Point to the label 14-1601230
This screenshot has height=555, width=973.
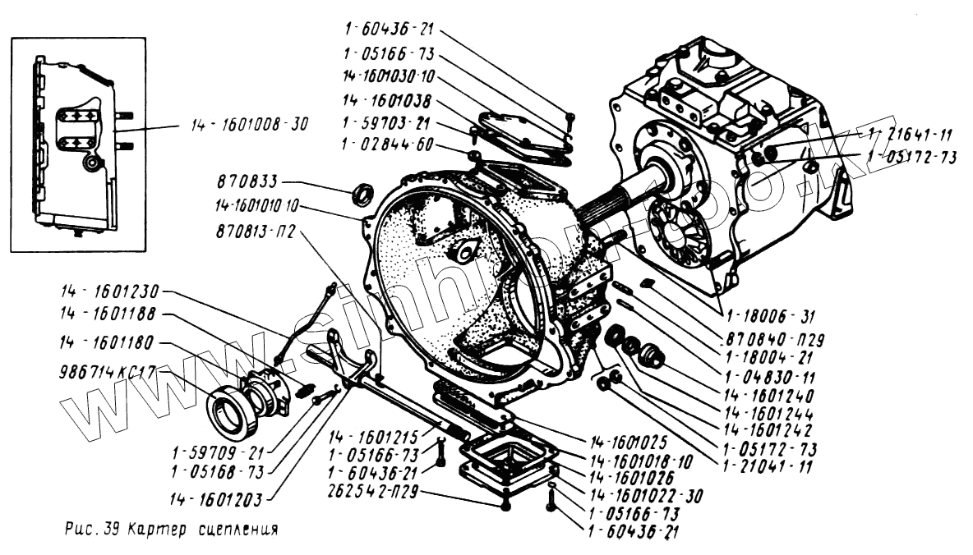(x=111, y=291)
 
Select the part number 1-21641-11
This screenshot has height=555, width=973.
(x=909, y=135)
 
